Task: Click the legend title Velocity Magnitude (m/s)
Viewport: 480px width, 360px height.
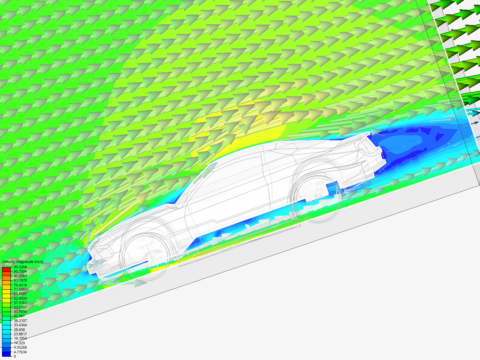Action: pos(23,262)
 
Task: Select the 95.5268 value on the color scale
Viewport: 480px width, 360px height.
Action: pos(20,267)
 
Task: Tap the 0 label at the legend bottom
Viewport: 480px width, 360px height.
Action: pos(15,356)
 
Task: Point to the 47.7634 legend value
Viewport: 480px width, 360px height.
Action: pos(20,312)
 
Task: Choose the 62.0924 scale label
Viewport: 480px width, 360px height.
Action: pos(20,298)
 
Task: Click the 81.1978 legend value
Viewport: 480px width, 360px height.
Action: pos(20,280)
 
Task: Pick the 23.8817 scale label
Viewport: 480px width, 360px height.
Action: pos(20,334)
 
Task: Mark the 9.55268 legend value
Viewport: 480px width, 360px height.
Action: pos(20,347)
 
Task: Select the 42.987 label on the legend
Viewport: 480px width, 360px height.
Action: pos(19,316)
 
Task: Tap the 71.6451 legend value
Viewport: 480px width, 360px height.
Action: pos(20,289)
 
